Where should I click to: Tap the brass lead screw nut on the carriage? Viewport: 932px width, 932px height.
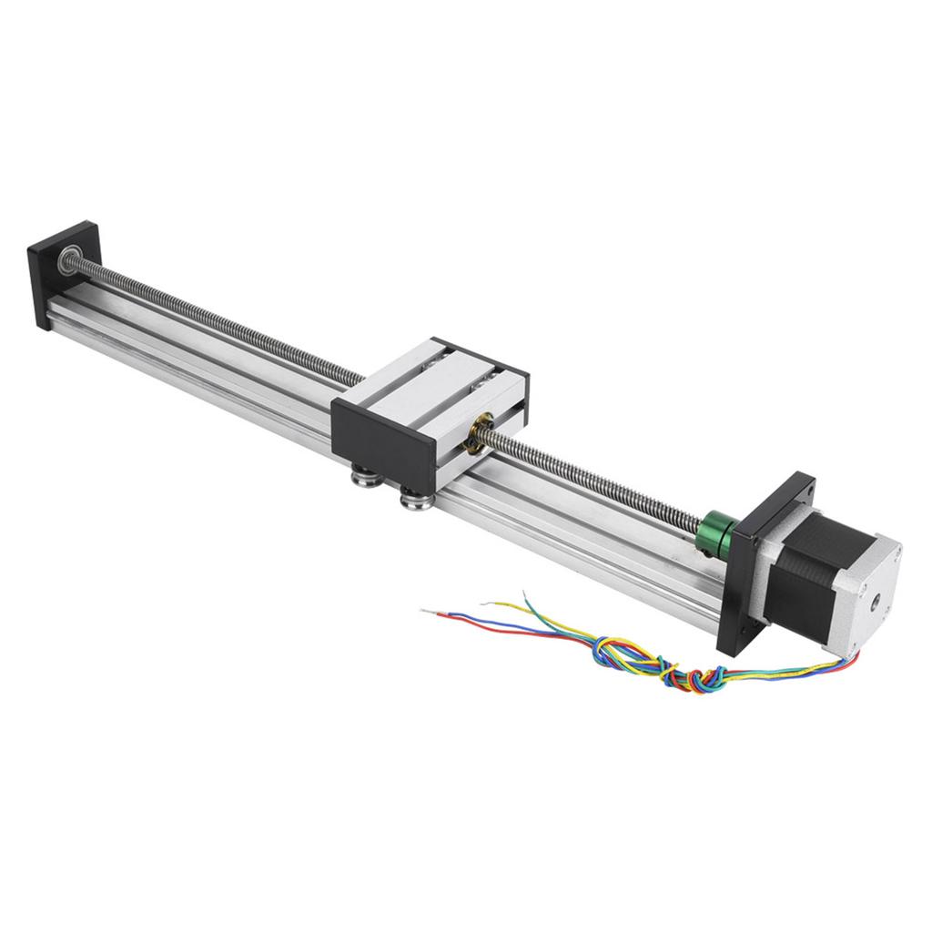click(477, 434)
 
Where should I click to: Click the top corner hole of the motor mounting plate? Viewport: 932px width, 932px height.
click(801, 489)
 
